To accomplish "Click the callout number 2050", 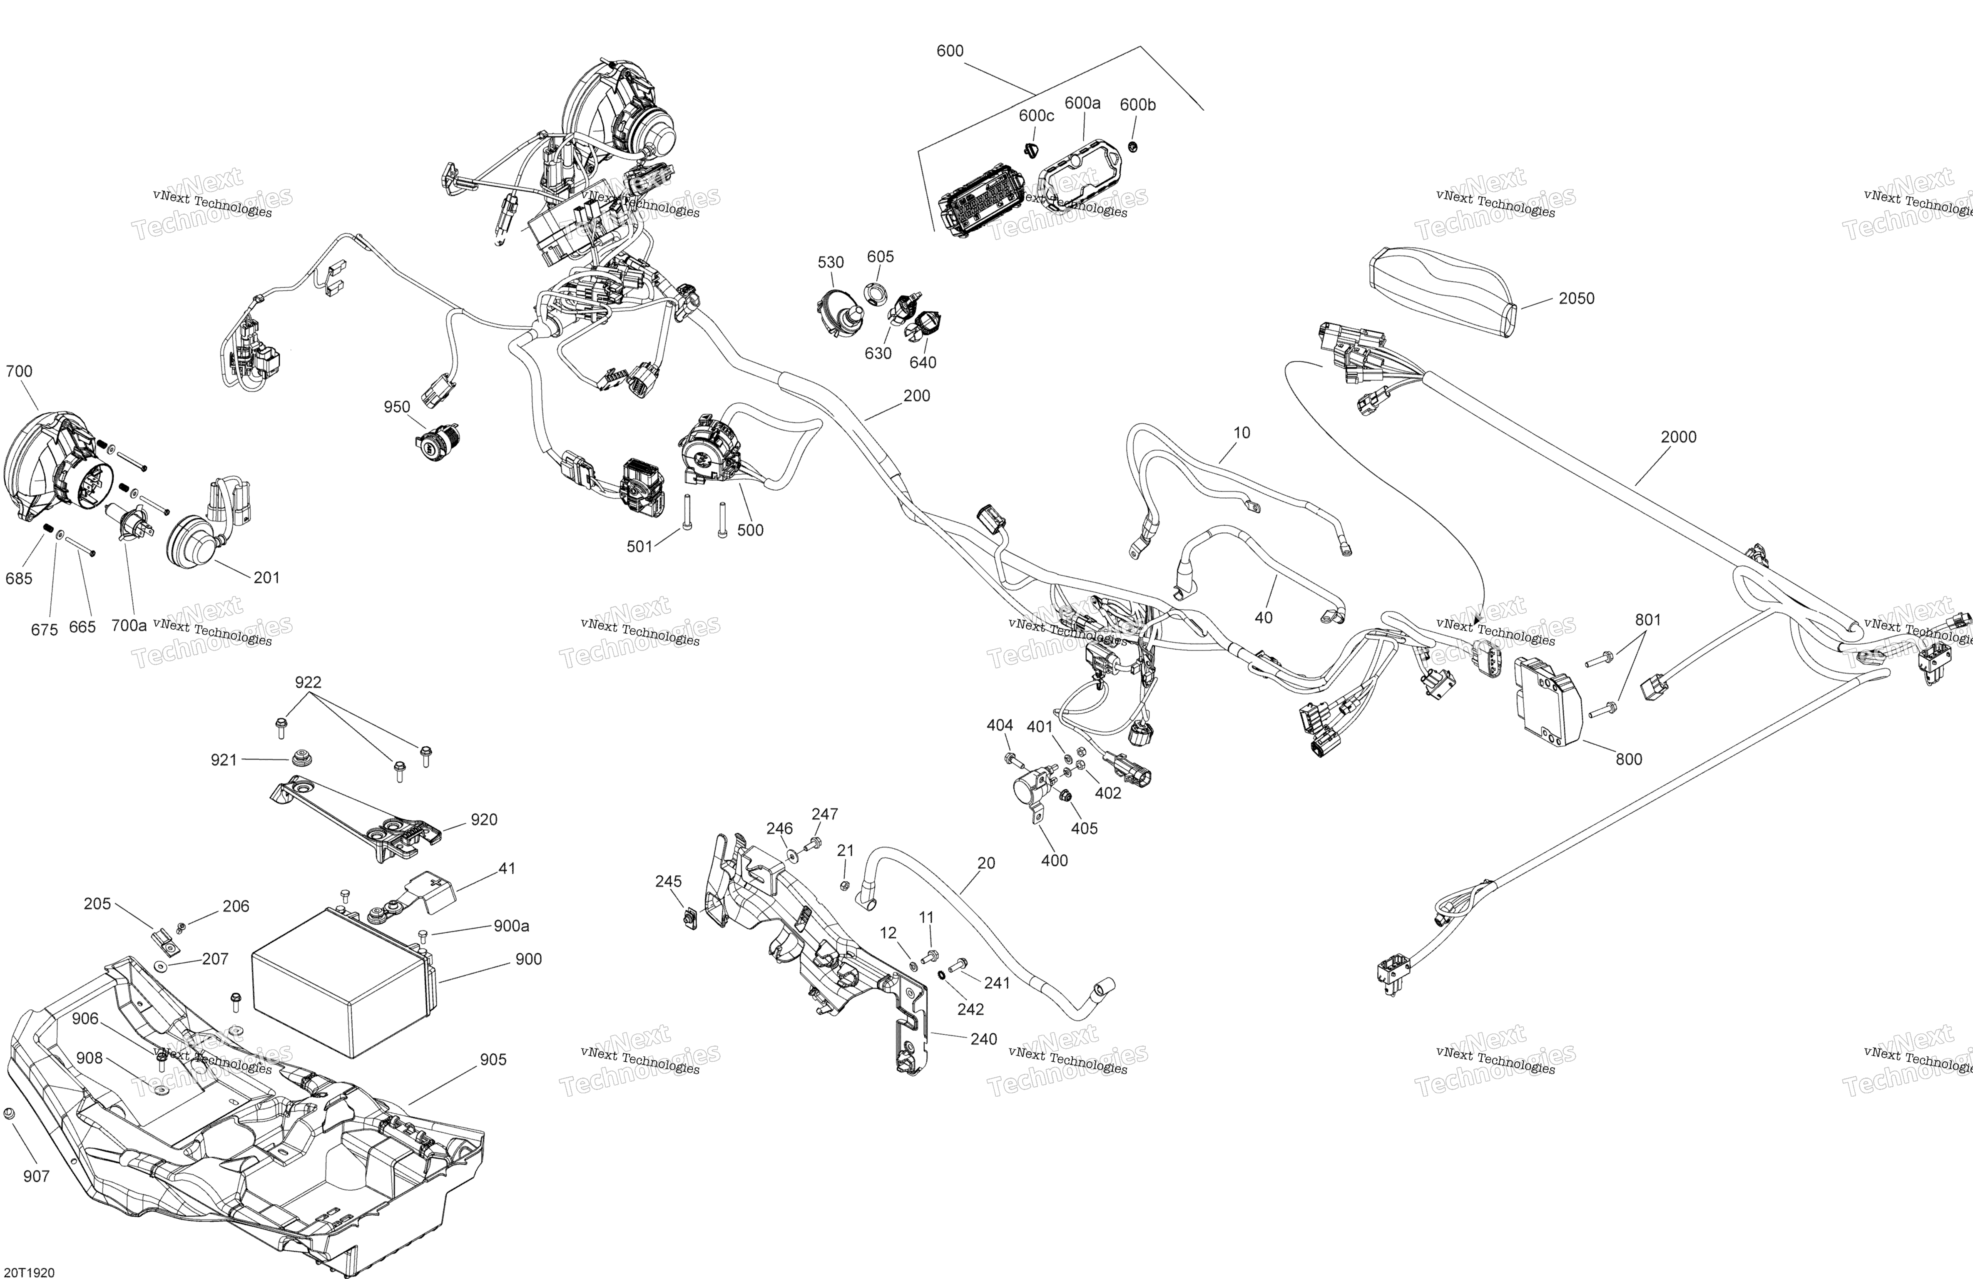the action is click(x=1576, y=298).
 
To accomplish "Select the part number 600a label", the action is click(x=1082, y=103).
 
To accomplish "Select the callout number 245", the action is click(x=668, y=881).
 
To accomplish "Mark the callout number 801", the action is click(x=1648, y=620).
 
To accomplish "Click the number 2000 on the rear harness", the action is click(x=1679, y=437).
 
